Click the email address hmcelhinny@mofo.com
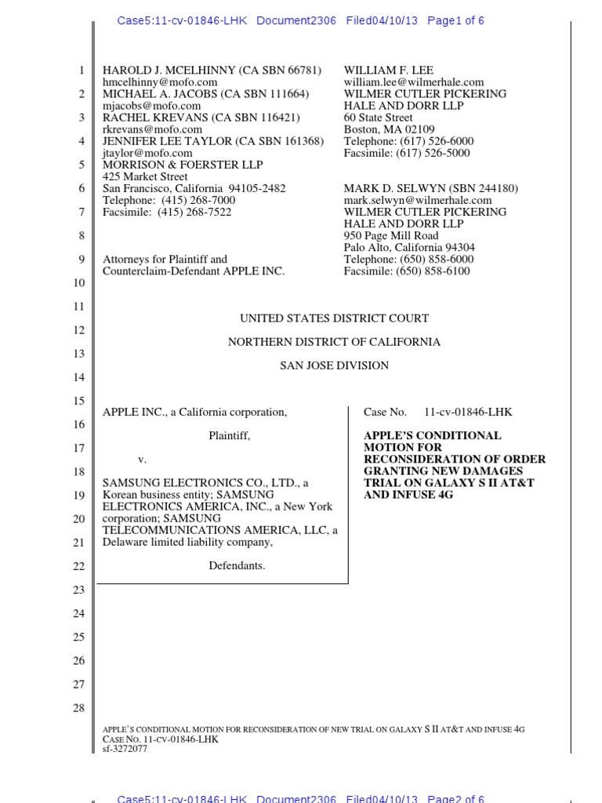152,82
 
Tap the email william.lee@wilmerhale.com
414,82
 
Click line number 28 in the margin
78,708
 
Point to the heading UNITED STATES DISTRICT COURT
334,318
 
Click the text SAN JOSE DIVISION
334,365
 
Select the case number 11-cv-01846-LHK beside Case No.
468,412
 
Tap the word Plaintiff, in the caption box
229,435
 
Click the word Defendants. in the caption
237,565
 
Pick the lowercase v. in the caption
142,459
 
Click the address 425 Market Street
145,176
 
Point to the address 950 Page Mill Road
391,235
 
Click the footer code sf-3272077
125,749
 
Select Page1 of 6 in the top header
455,21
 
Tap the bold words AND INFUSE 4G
408,495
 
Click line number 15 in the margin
78,401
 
